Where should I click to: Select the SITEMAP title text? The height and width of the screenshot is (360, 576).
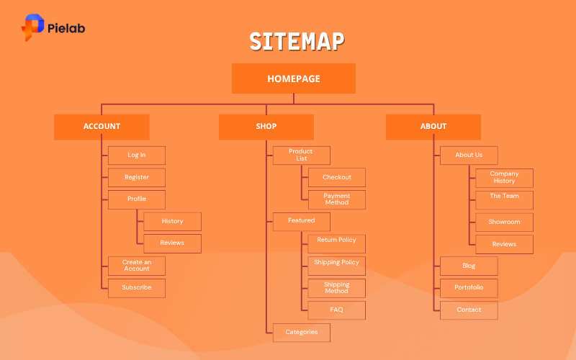(x=297, y=41)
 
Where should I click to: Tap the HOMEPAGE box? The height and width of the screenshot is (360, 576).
(x=294, y=78)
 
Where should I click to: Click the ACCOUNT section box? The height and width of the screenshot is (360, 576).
(x=102, y=127)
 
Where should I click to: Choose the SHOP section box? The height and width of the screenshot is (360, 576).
(x=266, y=127)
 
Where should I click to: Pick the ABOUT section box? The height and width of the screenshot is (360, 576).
(x=433, y=127)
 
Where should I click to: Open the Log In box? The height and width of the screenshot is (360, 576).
(x=137, y=156)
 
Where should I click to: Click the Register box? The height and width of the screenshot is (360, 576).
(x=137, y=177)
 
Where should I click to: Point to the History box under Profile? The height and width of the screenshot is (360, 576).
(x=172, y=222)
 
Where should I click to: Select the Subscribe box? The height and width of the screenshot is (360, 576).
(x=137, y=288)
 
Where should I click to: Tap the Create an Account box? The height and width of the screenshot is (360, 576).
(x=137, y=266)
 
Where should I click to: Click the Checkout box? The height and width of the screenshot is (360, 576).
(x=337, y=178)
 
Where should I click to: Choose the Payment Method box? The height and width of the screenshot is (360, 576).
(x=337, y=199)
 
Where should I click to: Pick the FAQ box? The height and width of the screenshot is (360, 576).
(x=337, y=310)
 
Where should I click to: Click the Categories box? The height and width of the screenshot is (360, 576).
(x=301, y=333)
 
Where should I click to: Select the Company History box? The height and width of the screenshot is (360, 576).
(x=504, y=178)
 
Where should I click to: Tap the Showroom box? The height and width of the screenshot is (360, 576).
(x=504, y=222)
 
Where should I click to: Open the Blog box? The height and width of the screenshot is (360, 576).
(x=469, y=266)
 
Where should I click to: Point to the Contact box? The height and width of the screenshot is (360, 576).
(x=469, y=310)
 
